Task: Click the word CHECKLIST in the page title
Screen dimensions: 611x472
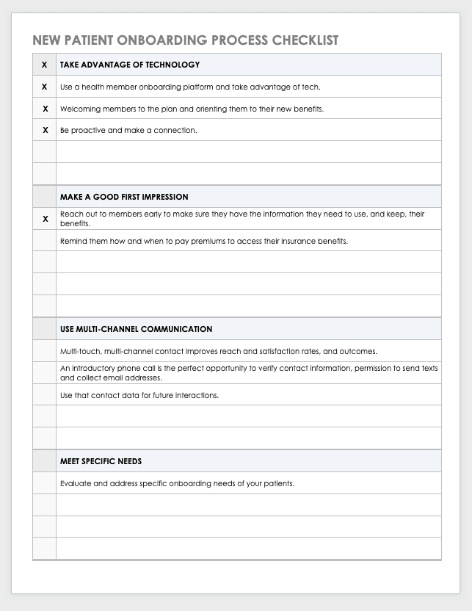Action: tap(302, 40)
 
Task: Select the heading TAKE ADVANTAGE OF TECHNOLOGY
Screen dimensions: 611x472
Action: tap(130, 65)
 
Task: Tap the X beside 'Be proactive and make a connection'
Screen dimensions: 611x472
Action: tap(45, 130)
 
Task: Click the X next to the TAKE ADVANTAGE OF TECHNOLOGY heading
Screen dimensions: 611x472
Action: tap(45, 65)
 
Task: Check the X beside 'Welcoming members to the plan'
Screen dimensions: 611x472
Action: tap(45, 109)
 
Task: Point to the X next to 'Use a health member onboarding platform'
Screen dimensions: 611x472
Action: tap(45, 87)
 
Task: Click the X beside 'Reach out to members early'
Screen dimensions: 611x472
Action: tap(45, 219)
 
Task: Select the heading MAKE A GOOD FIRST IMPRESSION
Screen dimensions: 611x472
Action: tap(124, 197)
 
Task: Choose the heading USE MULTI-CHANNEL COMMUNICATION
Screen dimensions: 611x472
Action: tap(137, 329)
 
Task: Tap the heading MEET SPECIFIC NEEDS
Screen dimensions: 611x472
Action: tap(101, 461)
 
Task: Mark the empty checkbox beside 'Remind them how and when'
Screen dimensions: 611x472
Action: tap(45, 241)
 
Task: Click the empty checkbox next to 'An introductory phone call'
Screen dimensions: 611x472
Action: tap(45, 373)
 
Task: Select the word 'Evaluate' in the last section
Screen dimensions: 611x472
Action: tap(75, 483)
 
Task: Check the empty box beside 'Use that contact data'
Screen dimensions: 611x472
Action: tap(45, 395)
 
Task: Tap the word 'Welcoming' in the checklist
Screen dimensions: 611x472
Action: tap(79, 109)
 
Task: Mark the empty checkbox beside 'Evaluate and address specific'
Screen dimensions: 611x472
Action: tap(45, 483)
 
